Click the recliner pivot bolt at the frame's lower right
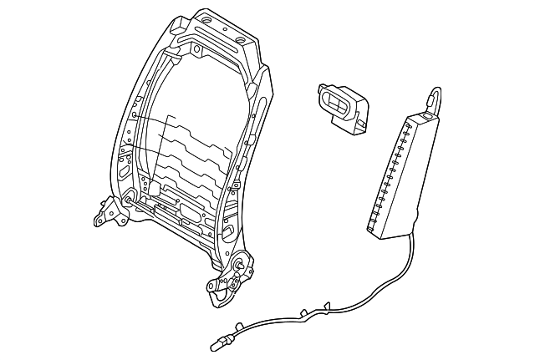pyautogui.click(x=241, y=265)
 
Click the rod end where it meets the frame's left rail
pyautogui.click(x=130, y=198)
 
